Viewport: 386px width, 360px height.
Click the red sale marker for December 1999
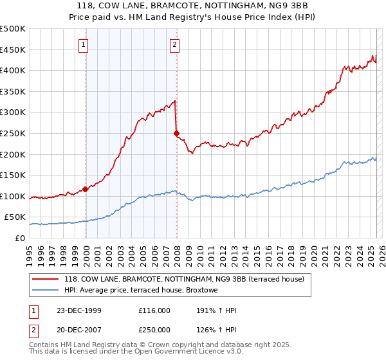86,190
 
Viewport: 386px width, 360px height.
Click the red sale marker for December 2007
176,133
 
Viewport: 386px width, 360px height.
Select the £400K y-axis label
13,70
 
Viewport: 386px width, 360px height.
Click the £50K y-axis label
15,217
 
